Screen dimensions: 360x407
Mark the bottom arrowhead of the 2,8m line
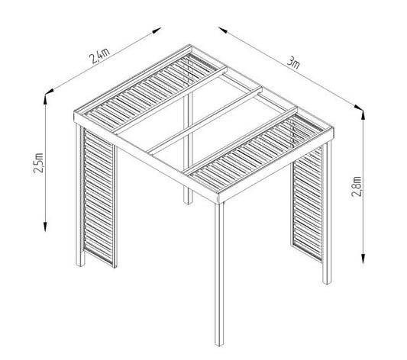coord(361,258)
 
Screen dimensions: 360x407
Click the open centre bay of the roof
coord(202,122)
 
